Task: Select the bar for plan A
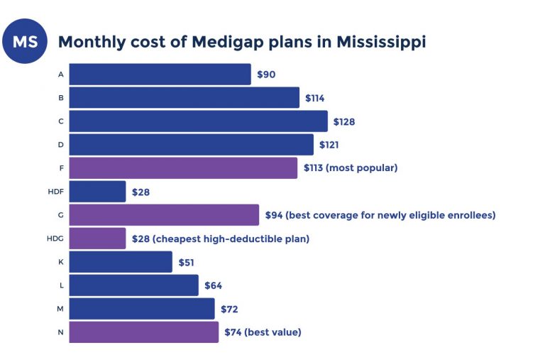(x=160, y=75)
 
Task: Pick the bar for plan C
(x=198, y=121)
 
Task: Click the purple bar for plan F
(x=183, y=168)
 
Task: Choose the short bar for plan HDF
(x=97, y=192)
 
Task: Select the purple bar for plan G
(x=164, y=215)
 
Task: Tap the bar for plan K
(x=121, y=262)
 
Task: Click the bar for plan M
(x=142, y=309)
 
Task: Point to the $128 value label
(x=344, y=121)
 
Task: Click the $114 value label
(x=314, y=98)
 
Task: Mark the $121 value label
(x=329, y=145)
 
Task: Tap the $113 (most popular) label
(x=351, y=168)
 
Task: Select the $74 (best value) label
(x=263, y=332)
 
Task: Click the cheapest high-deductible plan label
(x=220, y=239)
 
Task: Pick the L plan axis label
(x=61, y=285)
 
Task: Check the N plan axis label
(x=61, y=332)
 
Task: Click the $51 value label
(x=187, y=262)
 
